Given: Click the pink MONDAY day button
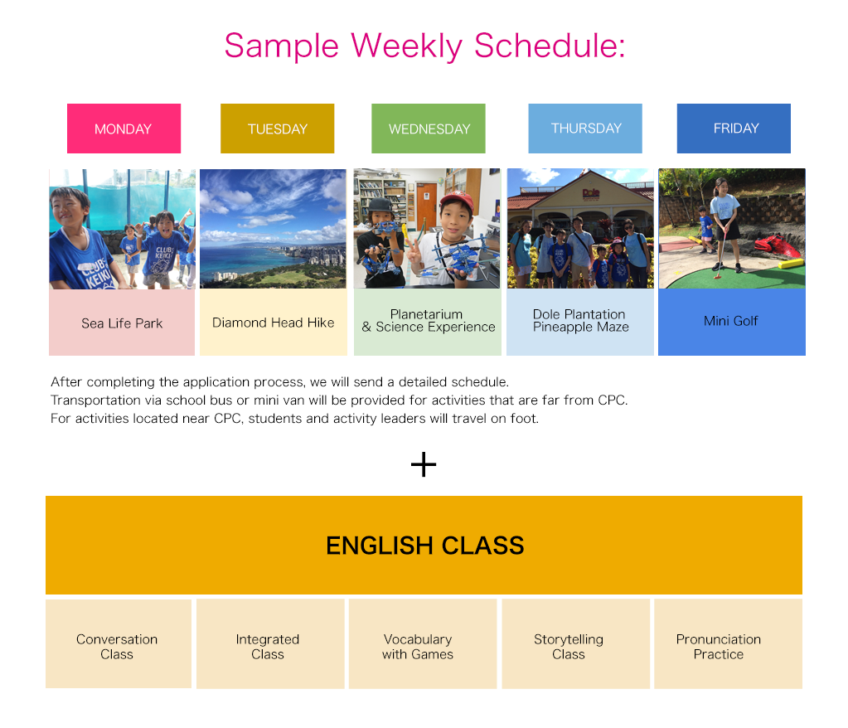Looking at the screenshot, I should pyautogui.click(x=124, y=129).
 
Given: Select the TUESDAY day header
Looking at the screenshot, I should pyautogui.click(x=277, y=129).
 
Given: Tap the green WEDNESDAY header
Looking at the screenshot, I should pyautogui.click(x=429, y=129).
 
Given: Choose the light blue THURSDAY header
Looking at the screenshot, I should pyautogui.click(x=585, y=128).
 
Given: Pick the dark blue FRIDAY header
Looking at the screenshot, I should pyautogui.click(x=734, y=128).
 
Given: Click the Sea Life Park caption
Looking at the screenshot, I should pyautogui.click(x=122, y=323).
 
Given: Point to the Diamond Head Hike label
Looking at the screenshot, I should pyautogui.click(x=274, y=323).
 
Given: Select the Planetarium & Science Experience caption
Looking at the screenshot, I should pyautogui.click(x=428, y=321).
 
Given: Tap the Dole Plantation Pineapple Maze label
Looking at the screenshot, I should pyautogui.click(x=580, y=321).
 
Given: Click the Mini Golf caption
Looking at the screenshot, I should pyautogui.click(x=731, y=321).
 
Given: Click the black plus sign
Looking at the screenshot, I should pyautogui.click(x=424, y=464).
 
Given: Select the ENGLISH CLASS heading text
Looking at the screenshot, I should pyautogui.click(x=424, y=546).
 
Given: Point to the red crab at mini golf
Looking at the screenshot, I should pyautogui.click(x=778, y=247).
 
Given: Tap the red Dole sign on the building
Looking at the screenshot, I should pyautogui.click(x=590, y=192).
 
